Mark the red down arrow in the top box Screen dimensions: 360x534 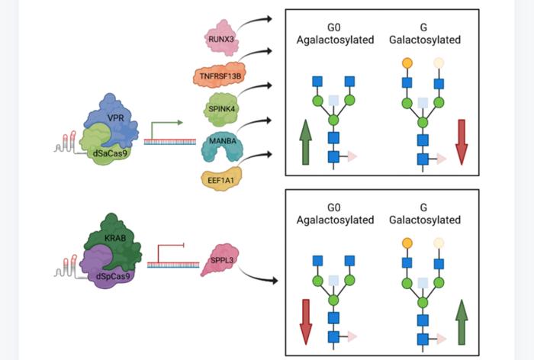(461, 141)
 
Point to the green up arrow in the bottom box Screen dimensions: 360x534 (461, 322)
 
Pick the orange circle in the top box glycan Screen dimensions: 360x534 (407, 61)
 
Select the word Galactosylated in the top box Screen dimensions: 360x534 (433, 37)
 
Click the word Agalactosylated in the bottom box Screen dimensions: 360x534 (336, 220)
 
